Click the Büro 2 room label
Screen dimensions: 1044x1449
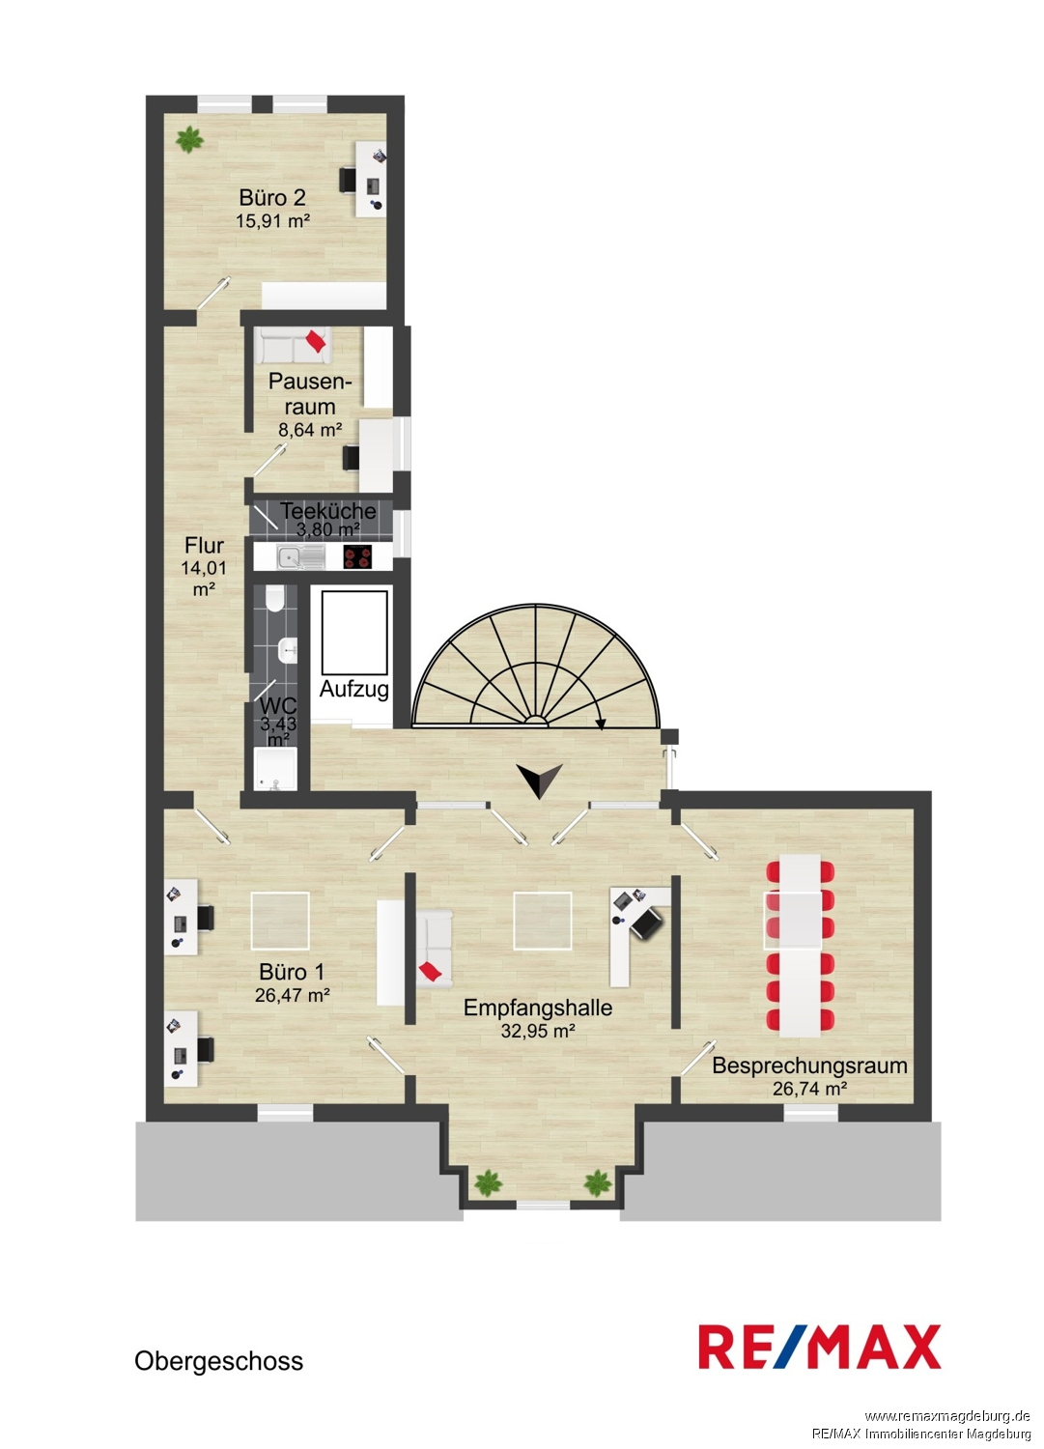[271, 197]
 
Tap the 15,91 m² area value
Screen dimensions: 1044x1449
[272, 220]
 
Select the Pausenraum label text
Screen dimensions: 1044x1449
[310, 394]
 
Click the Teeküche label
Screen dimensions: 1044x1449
[328, 511]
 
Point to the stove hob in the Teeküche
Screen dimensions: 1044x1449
[357, 557]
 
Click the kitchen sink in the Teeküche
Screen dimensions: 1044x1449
[300, 557]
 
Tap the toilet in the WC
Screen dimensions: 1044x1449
[274, 599]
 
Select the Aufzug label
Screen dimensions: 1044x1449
[353, 689]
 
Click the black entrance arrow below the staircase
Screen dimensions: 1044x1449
[540, 781]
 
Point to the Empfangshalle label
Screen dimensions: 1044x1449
[538, 1008]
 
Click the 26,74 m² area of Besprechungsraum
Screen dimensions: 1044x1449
[810, 1089]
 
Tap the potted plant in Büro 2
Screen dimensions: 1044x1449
[189, 139]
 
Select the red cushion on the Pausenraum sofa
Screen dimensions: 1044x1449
[316, 341]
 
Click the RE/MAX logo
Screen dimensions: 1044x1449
[819, 1347]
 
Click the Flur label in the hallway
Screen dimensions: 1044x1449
[205, 546]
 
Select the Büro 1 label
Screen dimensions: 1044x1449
[292, 972]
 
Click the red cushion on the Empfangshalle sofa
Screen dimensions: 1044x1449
[432, 971]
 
